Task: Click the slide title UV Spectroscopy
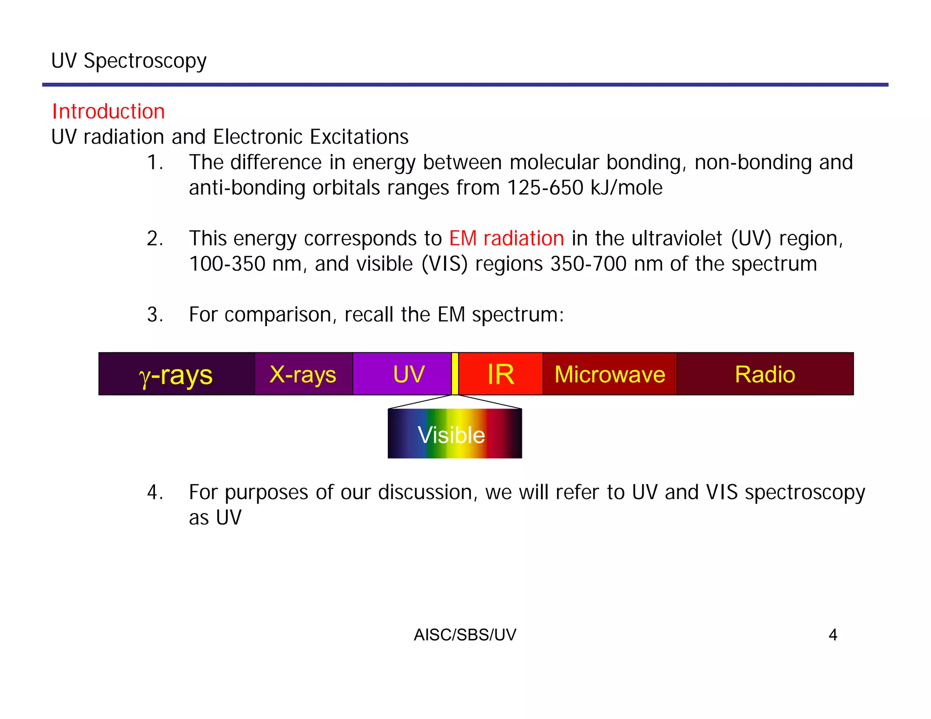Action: coord(129,61)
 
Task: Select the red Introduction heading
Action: coord(108,112)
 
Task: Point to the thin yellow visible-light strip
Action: coord(455,374)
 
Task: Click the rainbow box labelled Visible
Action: coord(455,434)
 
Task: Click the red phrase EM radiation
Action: coord(506,239)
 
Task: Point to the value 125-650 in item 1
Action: coord(545,188)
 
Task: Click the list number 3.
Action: coord(155,315)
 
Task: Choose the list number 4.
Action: coord(155,492)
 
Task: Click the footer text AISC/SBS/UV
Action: coord(465,635)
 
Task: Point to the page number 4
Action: coord(832,635)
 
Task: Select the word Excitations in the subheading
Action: coord(359,137)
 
